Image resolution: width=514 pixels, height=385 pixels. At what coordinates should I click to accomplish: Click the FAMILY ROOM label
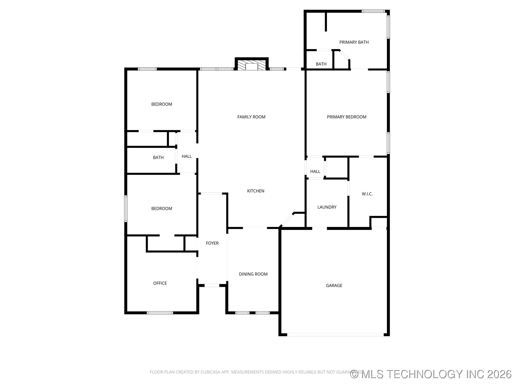click(x=251, y=117)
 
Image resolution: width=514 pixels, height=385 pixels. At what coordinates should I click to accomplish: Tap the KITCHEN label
click(x=255, y=191)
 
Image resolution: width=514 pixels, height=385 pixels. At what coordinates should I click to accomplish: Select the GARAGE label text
click(x=334, y=286)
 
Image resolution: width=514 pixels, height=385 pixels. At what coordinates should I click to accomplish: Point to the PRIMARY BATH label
click(x=354, y=42)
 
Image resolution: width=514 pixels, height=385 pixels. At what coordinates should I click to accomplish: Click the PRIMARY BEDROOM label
click(x=346, y=117)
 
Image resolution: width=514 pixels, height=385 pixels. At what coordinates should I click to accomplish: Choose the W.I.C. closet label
click(x=367, y=194)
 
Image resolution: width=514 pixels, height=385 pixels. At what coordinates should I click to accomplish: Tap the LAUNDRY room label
click(x=327, y=207)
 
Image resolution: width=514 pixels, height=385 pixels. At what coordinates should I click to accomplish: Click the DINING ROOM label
click(x=253, y=274)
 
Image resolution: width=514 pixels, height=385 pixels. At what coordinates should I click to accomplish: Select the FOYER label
click(x=212, y=243)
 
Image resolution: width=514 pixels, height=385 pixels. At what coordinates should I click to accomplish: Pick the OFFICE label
click(x=160, y=283)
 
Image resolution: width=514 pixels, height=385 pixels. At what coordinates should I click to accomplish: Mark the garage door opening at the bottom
click(x=335, y=334)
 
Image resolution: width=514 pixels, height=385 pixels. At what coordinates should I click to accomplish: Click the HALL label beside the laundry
click(x=315, y=171)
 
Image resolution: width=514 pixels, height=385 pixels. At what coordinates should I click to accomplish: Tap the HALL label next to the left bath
click(x=187, y=156)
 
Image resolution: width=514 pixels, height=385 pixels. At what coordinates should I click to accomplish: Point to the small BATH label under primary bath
click(x=321, y=64)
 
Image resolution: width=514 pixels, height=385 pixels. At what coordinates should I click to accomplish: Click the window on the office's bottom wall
click(x=160, y=313)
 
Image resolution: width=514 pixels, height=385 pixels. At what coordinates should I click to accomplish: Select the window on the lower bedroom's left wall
click(x=126, y=209)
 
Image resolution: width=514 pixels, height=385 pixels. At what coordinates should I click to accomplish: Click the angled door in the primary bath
click(x=344, y=55)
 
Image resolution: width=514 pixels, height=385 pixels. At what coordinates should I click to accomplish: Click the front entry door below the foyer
click(x=212, y=286)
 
